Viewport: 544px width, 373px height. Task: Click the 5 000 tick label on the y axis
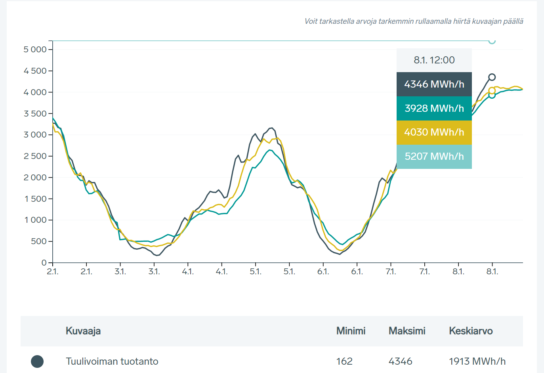[x=35, y=50]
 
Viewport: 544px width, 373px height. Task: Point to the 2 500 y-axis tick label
[x=35, y=156]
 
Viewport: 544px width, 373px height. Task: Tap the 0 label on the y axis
[x=44, y=263]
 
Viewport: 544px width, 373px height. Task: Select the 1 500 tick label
[x=36, y=199]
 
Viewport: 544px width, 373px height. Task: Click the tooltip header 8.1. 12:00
[x=434, y=60]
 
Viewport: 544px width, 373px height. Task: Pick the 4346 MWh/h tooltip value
[x=434, y=84]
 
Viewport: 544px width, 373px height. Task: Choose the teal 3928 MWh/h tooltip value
[x=434, y=108]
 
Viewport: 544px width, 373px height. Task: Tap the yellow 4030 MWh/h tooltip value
[x=434, y=132]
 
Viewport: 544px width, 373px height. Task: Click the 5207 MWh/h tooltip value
[x=434, y=156]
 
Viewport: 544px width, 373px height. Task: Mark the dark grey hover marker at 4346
[x=492, y=77]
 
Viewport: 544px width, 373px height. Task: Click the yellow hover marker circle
[x=492, y=91]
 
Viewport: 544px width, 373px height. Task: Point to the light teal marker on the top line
[x=492, y=40]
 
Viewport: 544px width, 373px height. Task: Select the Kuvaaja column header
[x=83, y=331]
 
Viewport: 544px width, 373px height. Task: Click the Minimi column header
[x=351, y=331]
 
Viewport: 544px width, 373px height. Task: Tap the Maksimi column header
[x=407, y=331]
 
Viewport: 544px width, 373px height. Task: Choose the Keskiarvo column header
[x=471, y=331]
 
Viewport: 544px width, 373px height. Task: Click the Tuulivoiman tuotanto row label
[x=112, y=361]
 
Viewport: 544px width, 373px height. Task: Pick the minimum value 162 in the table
[x=344, y=361]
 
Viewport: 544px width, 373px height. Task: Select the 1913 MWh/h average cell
[x=477, y=361]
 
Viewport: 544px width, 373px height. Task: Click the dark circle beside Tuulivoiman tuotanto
[x=37, y=361]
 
